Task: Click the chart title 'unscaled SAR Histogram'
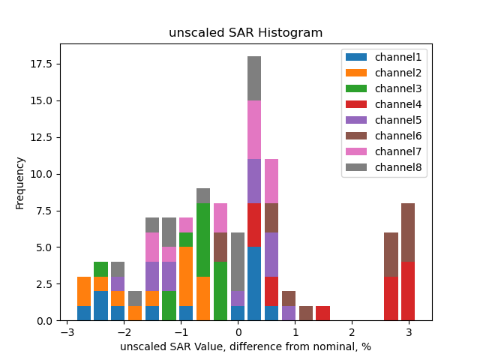coord(245,33)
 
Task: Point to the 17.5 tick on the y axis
coord(43,64)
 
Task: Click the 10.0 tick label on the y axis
coord(43,174)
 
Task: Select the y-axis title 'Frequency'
coord(20,182)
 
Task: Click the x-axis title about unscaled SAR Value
coord(245,346)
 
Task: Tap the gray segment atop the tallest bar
coord(254,78)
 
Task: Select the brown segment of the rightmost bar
coord(408,232)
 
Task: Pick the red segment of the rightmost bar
coord(408,291)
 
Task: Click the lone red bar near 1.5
coord(322,313)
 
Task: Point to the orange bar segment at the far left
coord(84,291)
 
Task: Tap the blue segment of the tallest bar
coord(254,283)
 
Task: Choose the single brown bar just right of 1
coord(305,313)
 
